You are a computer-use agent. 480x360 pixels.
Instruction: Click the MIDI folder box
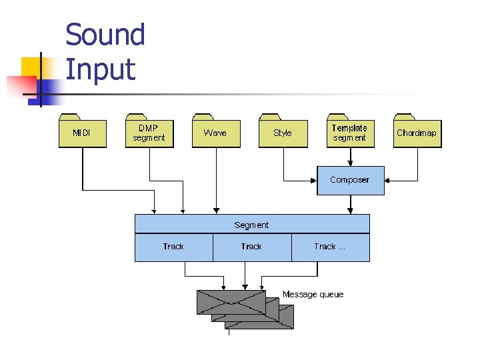[82, 133]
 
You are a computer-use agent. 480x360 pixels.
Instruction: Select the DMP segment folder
[149, 133]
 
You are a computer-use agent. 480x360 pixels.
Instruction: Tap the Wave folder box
[215, 133]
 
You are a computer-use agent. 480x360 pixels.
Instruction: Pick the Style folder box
[283, 133]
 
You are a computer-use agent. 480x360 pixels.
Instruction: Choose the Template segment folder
[349, 133]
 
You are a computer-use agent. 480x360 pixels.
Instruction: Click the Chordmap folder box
[417, 133]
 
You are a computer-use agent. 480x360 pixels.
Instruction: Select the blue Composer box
[350, 180]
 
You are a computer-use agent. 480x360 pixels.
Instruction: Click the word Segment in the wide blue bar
[251, 225]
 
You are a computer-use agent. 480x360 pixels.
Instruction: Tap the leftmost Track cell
[173, 247]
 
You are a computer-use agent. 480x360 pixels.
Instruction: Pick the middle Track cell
[251, 247]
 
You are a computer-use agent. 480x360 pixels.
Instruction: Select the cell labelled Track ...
[330, 247]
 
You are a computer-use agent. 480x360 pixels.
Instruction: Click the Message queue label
[313, 294]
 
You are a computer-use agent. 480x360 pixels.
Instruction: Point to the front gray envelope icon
[231, 302]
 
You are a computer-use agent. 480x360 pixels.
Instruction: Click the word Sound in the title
[105, 35]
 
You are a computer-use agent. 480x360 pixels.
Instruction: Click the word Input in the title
[100, 69]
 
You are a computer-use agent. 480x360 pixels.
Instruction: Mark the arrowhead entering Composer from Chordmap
[388, 180]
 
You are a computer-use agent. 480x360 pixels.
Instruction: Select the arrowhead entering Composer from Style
[313, 180]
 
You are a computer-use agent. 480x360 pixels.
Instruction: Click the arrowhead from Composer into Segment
[350, 211]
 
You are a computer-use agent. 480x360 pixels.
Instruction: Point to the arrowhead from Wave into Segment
[215, 211]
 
